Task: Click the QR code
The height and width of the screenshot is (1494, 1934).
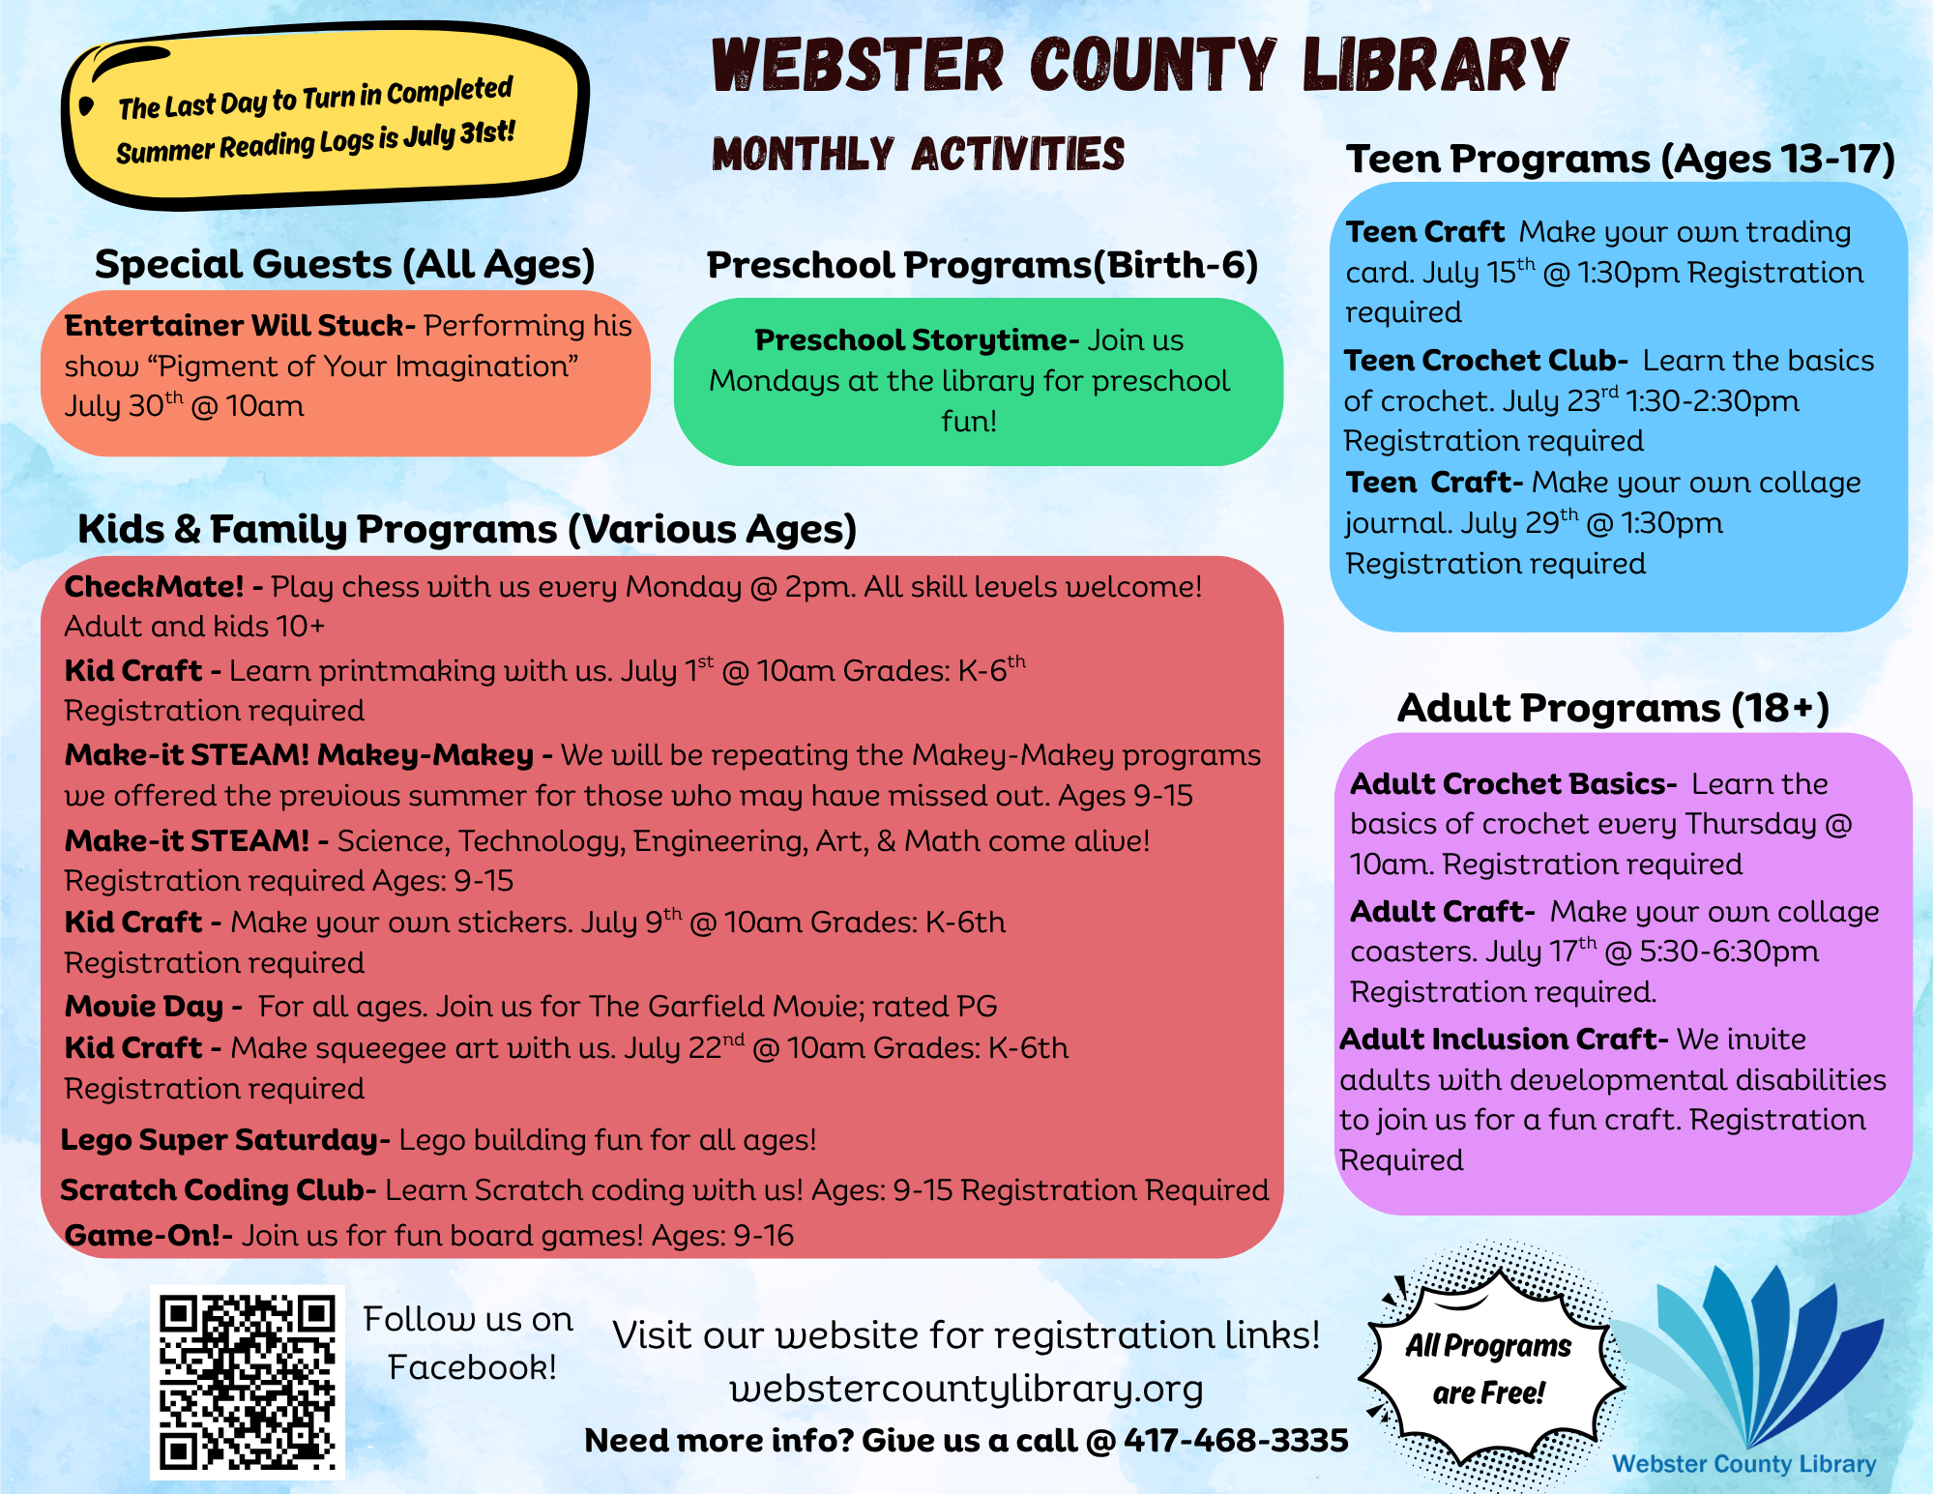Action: pyautogui.click(x=248, y=1382)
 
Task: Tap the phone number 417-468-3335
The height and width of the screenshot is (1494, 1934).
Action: pyautogui.click(x=1236, y=1441)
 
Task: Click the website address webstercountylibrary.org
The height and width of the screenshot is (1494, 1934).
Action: pyautogui.click(x=966, y=1390)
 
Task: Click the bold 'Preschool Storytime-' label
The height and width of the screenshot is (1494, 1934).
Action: pyautogui.click(x=916, y=340)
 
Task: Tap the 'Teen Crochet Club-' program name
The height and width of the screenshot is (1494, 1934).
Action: pyautogui.click(x=1485, y=361)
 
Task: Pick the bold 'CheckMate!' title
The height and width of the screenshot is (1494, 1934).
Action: pyautogui.click(x=155, y=587)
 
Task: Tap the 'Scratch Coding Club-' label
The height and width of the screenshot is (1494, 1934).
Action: pyautogui.click(x=218, y=1190)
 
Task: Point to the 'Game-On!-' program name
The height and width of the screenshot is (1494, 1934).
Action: pyautogui.click(x=148, y=1236)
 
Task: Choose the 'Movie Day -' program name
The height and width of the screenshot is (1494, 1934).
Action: pyautogui.click(x=153, y=1007)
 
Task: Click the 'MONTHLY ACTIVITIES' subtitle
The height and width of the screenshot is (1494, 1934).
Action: pyautogui.click(x=919, y=155)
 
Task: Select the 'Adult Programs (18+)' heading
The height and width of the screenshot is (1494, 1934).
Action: pyautogui.click(x=1613, y=708)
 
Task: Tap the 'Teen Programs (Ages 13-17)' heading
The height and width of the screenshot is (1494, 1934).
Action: pyautogui.click(x=1621, y=160)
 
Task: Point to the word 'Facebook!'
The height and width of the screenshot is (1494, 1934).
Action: pyautogui.click(x=472, y=1367)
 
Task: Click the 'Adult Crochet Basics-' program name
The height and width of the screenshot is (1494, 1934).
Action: pyautogui.click(x=1513, y=784)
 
